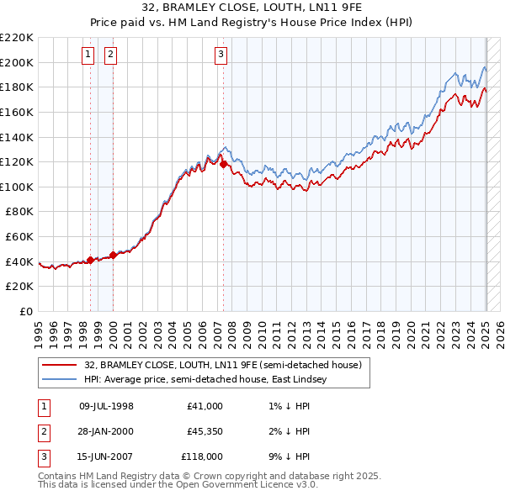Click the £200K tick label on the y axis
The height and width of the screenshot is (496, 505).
coord(17,62)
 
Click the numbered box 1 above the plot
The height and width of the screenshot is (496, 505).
coord(88,55)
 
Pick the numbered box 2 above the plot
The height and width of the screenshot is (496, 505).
coord(110,55)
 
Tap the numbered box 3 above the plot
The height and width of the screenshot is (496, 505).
coord(221,55)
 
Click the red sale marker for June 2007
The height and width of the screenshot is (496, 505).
coord(224,165)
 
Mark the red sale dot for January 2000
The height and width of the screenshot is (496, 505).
coord(114,255)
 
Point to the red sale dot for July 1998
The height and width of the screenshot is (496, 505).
coord(91,261)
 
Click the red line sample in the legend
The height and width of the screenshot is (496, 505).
coord(61,365)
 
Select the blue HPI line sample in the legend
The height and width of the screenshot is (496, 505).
coord(61,380)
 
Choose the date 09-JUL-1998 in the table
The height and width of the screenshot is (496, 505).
coord(106,406)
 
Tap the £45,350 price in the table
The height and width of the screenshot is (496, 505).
coord(205,431)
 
